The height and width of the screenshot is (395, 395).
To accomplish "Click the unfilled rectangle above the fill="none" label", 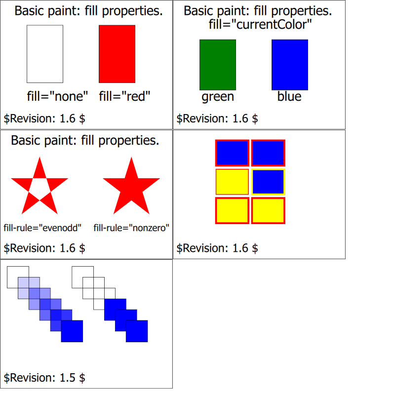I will click(45, 54).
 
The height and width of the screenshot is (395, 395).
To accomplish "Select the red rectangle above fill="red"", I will click(117, 54).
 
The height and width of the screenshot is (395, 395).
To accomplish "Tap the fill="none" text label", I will click(57, 96).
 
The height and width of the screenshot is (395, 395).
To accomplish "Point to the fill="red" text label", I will click(124, 96).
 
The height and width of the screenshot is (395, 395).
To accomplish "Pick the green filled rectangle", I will click(218, 65).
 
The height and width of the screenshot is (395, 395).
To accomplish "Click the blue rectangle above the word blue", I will click(290, 65).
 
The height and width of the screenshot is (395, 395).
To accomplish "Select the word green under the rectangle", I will click(218, 97).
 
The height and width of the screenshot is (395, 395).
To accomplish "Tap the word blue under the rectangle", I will click(289, 97).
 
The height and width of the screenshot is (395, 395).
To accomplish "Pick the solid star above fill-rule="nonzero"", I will click(131, 188).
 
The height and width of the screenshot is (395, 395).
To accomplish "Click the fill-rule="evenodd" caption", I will click(42, 228).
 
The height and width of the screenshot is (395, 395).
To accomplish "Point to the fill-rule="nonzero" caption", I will click(131, 228).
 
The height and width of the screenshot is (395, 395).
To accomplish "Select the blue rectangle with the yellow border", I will click(268, 182).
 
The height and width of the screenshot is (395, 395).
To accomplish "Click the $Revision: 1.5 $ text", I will click(44, 378).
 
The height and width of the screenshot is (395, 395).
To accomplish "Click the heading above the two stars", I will click(85, 141).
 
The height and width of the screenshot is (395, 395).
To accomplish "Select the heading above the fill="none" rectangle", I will click(88, 11).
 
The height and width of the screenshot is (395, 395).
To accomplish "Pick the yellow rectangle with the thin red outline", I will click(232, 182).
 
